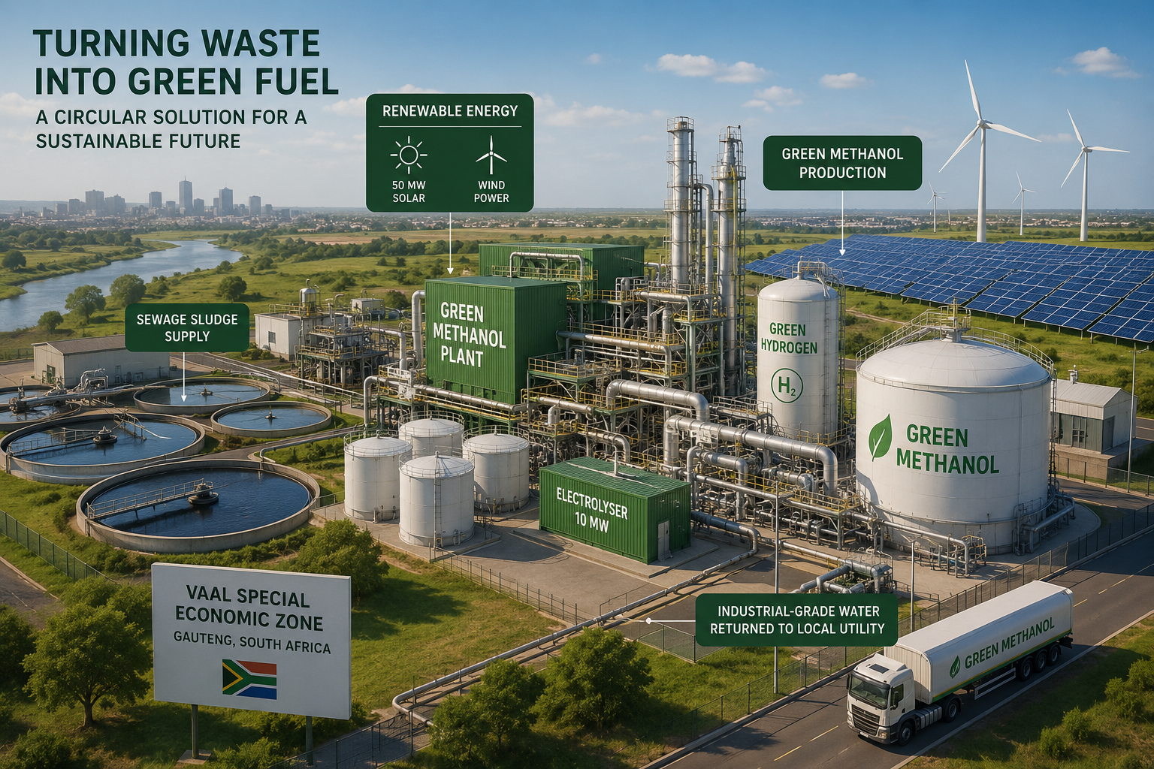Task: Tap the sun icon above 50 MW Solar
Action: pos(408,155)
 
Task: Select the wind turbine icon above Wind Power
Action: pos(491,155)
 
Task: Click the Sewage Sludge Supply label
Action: pos(187,327)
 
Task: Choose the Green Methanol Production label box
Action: pos(841,163)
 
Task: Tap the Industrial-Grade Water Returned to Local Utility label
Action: pos(796,620)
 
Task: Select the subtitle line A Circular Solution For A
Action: pos(171,117)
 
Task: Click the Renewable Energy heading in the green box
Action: pos(450,110)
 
